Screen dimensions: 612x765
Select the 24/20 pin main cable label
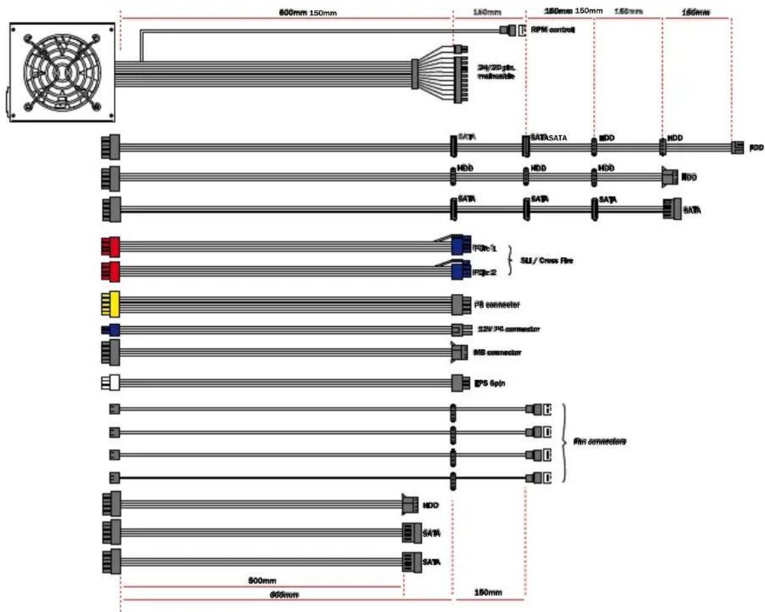[496, 71]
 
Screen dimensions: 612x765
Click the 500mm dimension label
[261, 581]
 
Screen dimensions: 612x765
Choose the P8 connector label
[497, 305]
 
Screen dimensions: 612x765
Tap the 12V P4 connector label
[508, 329]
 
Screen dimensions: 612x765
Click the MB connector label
[499, 352]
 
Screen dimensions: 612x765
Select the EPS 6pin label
[490, 383]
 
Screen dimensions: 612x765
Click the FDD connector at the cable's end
[737, 148]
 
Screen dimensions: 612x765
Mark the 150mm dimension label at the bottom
[488, 593]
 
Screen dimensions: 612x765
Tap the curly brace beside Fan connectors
[563, 442]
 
